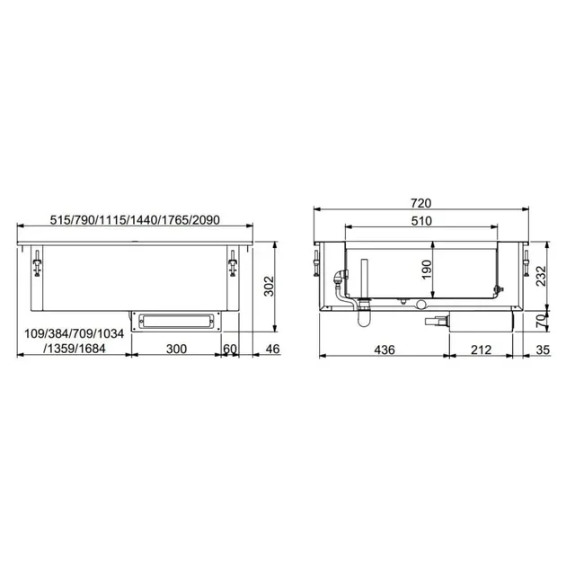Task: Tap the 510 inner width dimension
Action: [421, 220]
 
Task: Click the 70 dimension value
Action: [541, 320]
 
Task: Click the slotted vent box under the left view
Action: [176, 319]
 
